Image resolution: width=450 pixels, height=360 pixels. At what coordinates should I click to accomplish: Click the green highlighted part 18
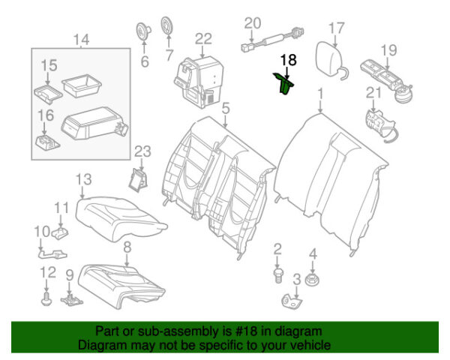[x=285, y=85]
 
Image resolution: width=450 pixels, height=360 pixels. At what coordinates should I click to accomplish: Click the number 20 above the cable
[x=252, y=22]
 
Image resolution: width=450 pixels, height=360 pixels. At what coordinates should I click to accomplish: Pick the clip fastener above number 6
[x=140, y=29]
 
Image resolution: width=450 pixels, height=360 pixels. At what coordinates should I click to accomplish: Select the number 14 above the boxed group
[x=81, y=40]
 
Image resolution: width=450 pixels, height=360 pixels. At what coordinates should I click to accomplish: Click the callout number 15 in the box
[x=48, y=66]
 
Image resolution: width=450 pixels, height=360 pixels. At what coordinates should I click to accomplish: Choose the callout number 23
[x=142, y=152]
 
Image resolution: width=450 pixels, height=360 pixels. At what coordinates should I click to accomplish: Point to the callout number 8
[x=127, y=245]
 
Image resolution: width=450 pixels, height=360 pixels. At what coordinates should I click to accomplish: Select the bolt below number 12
[x=46, y=300]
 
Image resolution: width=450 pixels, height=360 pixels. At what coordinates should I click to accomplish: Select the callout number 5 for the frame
[x=225, y=109]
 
